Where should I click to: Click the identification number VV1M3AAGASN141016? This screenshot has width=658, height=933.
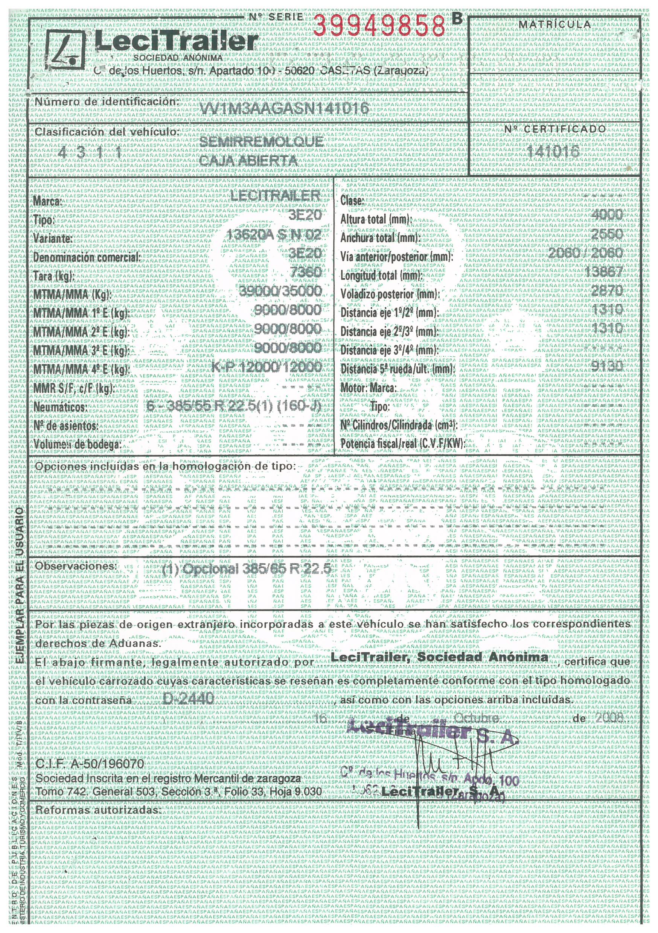(x=286, y=108)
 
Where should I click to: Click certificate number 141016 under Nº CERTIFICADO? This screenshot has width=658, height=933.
(x=553, y=152)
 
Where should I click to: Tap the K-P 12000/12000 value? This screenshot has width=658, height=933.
(x=267, y=367)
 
